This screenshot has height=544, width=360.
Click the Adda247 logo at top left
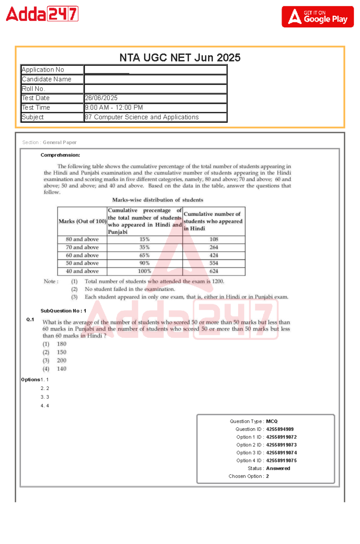tap(42, 14)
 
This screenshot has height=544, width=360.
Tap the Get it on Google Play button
tap(317, 17)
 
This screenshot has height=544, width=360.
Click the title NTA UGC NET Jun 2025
tap(180, 58)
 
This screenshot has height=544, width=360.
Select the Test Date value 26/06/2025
tap(101, 98)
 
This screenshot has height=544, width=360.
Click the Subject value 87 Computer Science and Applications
tap(142, 117)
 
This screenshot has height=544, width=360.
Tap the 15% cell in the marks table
tap(144, 239)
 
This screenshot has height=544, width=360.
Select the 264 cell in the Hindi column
tap(214, 247)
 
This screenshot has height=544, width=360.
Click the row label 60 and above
tap(82, 255)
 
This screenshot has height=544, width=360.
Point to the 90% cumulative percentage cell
tap(144, 263)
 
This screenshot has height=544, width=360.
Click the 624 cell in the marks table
tap(214, 271)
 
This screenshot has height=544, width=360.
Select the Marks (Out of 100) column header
tap(82, 221)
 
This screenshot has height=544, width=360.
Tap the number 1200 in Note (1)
tap(217, 281)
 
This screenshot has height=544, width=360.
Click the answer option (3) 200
tap(61, 360)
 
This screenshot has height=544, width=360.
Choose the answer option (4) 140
tap(61, 369)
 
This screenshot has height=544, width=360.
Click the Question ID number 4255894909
tap(280, 429)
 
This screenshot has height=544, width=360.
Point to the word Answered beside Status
tap(278, 468)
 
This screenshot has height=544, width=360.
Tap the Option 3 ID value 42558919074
tap(281, 453)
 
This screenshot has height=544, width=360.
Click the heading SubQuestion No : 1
tap(63, 311)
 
